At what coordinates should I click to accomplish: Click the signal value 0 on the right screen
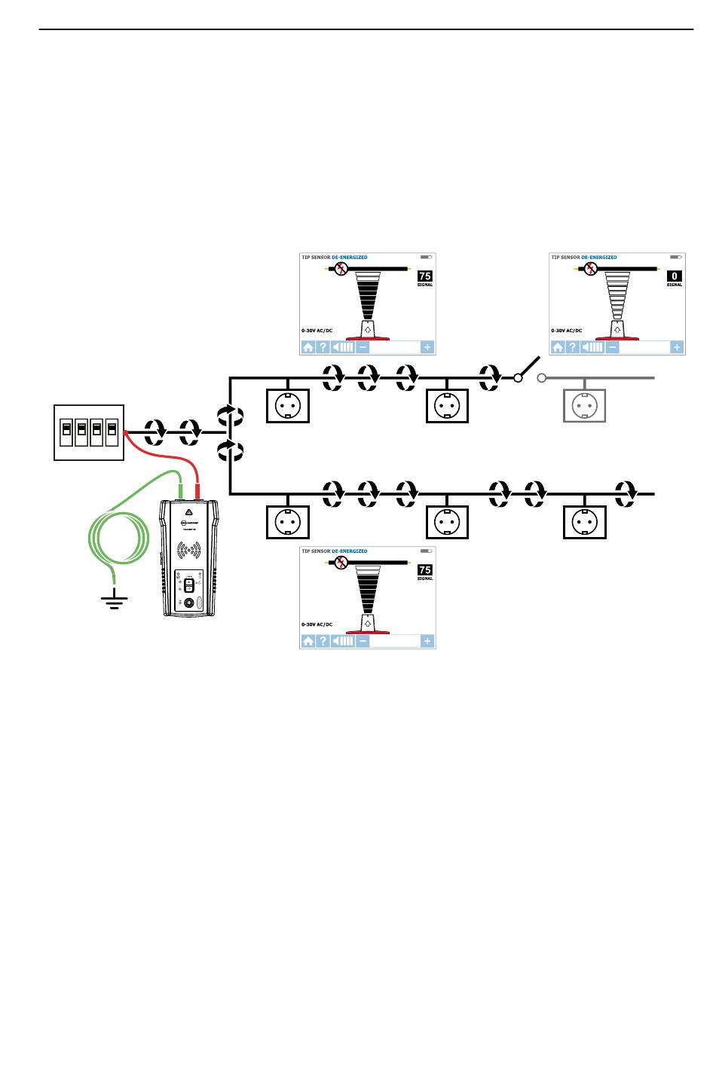(675, 276)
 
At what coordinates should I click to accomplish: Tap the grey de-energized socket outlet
(585, 405)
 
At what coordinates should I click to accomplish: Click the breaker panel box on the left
(89, 432)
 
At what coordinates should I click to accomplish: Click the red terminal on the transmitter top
(197, 493)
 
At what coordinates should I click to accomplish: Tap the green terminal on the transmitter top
(181, 493)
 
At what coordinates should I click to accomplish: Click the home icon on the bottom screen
(308, 641)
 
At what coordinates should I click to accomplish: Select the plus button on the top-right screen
(677, 347)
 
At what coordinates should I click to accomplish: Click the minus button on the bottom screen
(363, 641)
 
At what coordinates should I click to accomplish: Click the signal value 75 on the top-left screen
(425, 276)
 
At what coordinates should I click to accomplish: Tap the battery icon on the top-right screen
(676, 258)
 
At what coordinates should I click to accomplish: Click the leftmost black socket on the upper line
(288, 405)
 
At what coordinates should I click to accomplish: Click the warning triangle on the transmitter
(188, 512)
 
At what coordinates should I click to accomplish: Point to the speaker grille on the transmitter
(189, 551)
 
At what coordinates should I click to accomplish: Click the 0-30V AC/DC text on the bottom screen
(317, 624)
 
